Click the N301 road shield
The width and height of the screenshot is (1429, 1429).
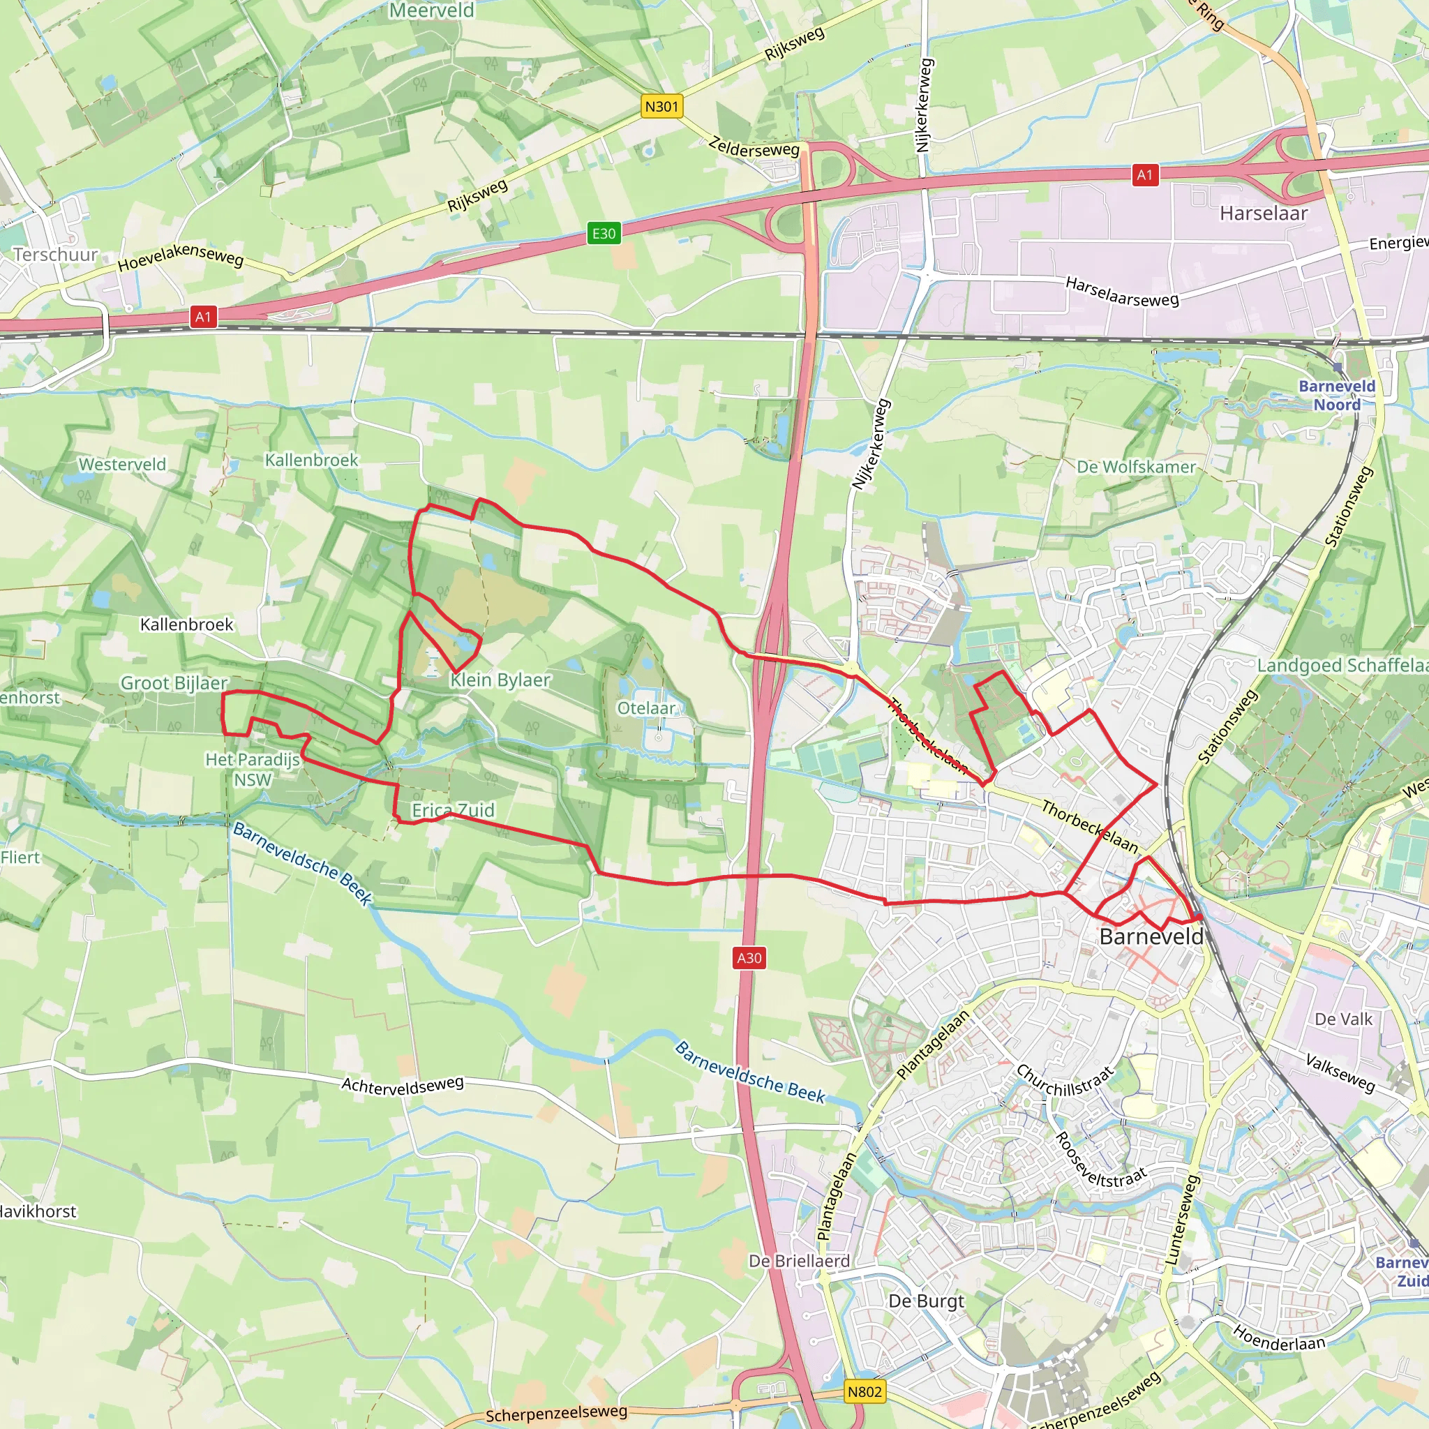[x=661, y=107]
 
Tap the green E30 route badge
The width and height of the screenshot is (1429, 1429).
[x=604, y=234]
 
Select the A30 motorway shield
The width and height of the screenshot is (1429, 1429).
[x=749, y=958]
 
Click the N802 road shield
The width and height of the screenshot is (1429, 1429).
[x=865, y=1392]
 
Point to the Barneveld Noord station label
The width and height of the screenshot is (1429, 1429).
[x=1336, y=396]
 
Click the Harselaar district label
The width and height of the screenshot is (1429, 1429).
[x=1264, y=214]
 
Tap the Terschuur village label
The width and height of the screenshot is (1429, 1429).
[x=56, y=255]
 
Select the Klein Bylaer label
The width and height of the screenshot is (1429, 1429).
[x=501, y=680]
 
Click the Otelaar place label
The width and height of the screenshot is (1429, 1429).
[x=646, y=709]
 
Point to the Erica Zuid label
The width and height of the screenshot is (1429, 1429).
[x=454, y=811]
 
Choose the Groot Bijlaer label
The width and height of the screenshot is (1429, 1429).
[x=174, y=683]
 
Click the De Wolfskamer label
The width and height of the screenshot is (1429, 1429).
[x=1136, y=467]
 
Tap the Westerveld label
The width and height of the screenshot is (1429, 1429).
[x=123, y=465]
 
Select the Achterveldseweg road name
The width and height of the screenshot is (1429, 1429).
[x=403, y=1085]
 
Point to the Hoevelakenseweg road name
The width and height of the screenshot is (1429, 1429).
[x=181, y=256]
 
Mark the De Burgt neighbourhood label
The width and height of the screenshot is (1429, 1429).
[x=926, y=1301]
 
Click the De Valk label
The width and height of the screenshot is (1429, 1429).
[x=1343, y=1019]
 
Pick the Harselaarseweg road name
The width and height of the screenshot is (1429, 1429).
[x=1122, y=292]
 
